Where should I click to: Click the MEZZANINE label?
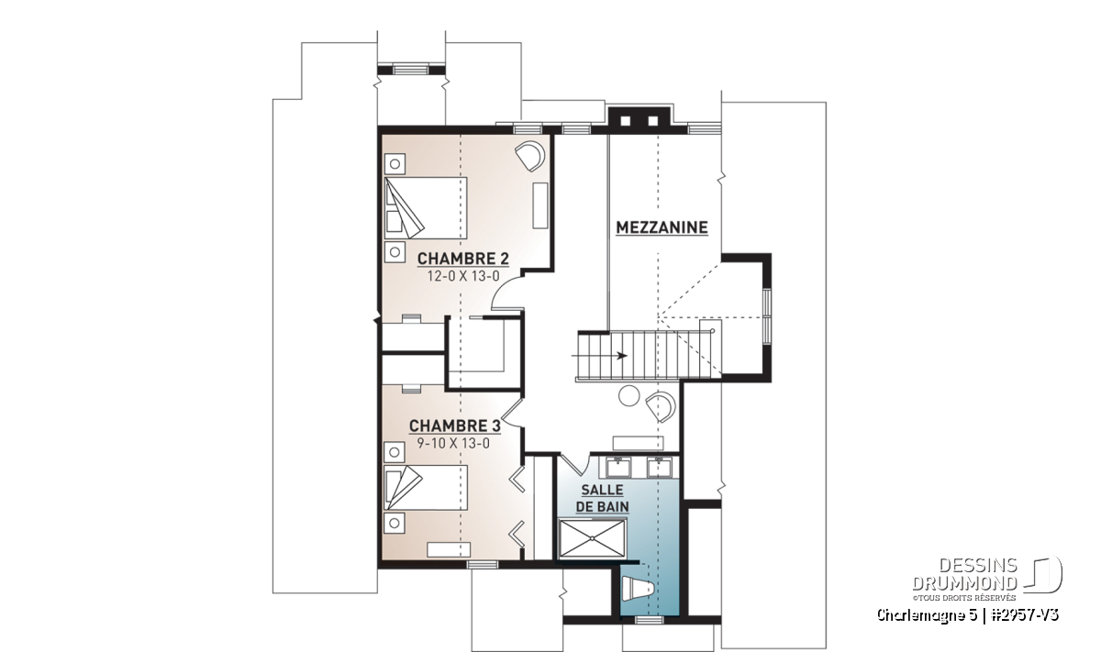[x=662, y=227]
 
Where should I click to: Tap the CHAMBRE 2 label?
[x=462, y=259]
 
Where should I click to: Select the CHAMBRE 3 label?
[x=455, y=425]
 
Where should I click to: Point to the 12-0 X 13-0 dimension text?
[x=463, y=276]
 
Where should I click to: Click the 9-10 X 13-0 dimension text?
[x=453, y=443]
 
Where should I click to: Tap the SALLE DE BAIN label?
[x=602, y=498]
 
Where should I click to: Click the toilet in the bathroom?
[x=638, y=588]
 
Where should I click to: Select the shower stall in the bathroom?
[x=593, y=538]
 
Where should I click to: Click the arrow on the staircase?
[x=600, y=355]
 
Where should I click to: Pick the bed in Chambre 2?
[x=425, y=208]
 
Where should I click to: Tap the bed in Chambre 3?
[x=425, y=488]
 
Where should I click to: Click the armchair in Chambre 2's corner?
[x=530, y=155]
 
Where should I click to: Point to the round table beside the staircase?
[x=628, y=395]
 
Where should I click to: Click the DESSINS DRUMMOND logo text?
[x=964, y=574]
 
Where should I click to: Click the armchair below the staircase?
[x=661, y=406]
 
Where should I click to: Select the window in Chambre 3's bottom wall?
[x=483, y=565]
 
